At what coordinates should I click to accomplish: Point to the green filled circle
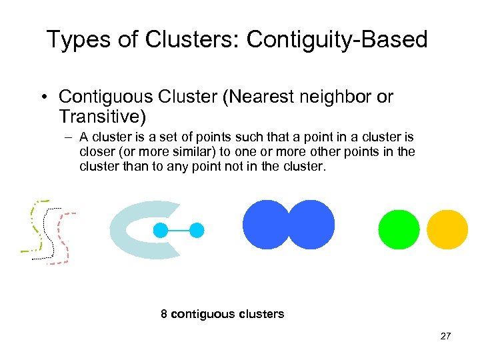(x=399, y=229)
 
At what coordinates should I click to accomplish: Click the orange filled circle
(x=447, y=229)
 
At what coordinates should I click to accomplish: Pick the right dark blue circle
(x=311, y=225)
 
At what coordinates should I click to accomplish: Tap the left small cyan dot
(x=161, y=231)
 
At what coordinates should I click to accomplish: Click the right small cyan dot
(x=197, y=231)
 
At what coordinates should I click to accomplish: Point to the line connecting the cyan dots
(x=179, y=231)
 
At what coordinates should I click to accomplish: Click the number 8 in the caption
(x=164, y=314)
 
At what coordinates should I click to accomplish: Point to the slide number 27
(x=445, y=336)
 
